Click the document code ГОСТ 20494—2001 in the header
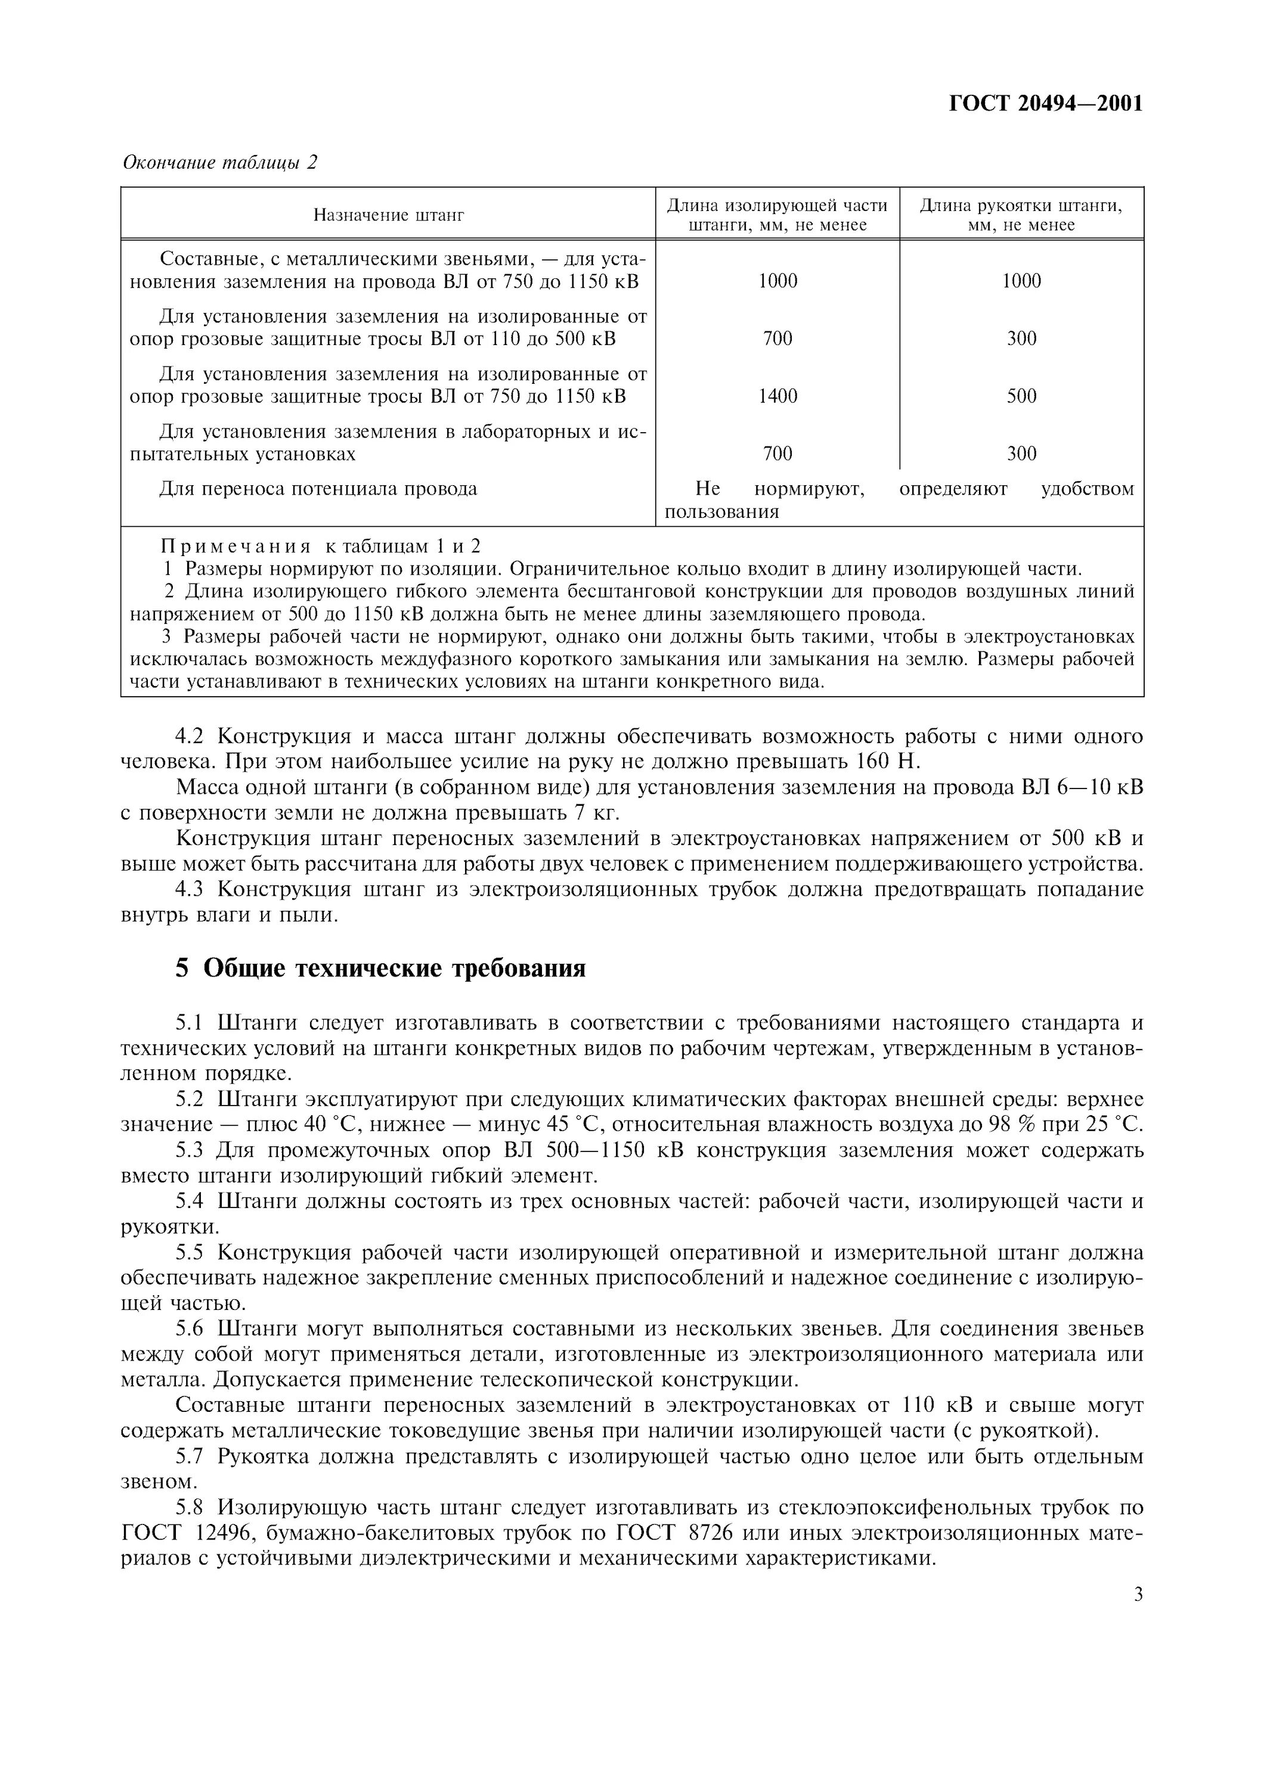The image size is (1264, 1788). pos(1045,104)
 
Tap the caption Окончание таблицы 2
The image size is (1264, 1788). pos(221,162)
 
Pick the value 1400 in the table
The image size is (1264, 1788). pos(777,396)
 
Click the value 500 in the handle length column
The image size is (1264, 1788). pos(1021,396)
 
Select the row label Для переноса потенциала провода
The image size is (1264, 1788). pos(318,489)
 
